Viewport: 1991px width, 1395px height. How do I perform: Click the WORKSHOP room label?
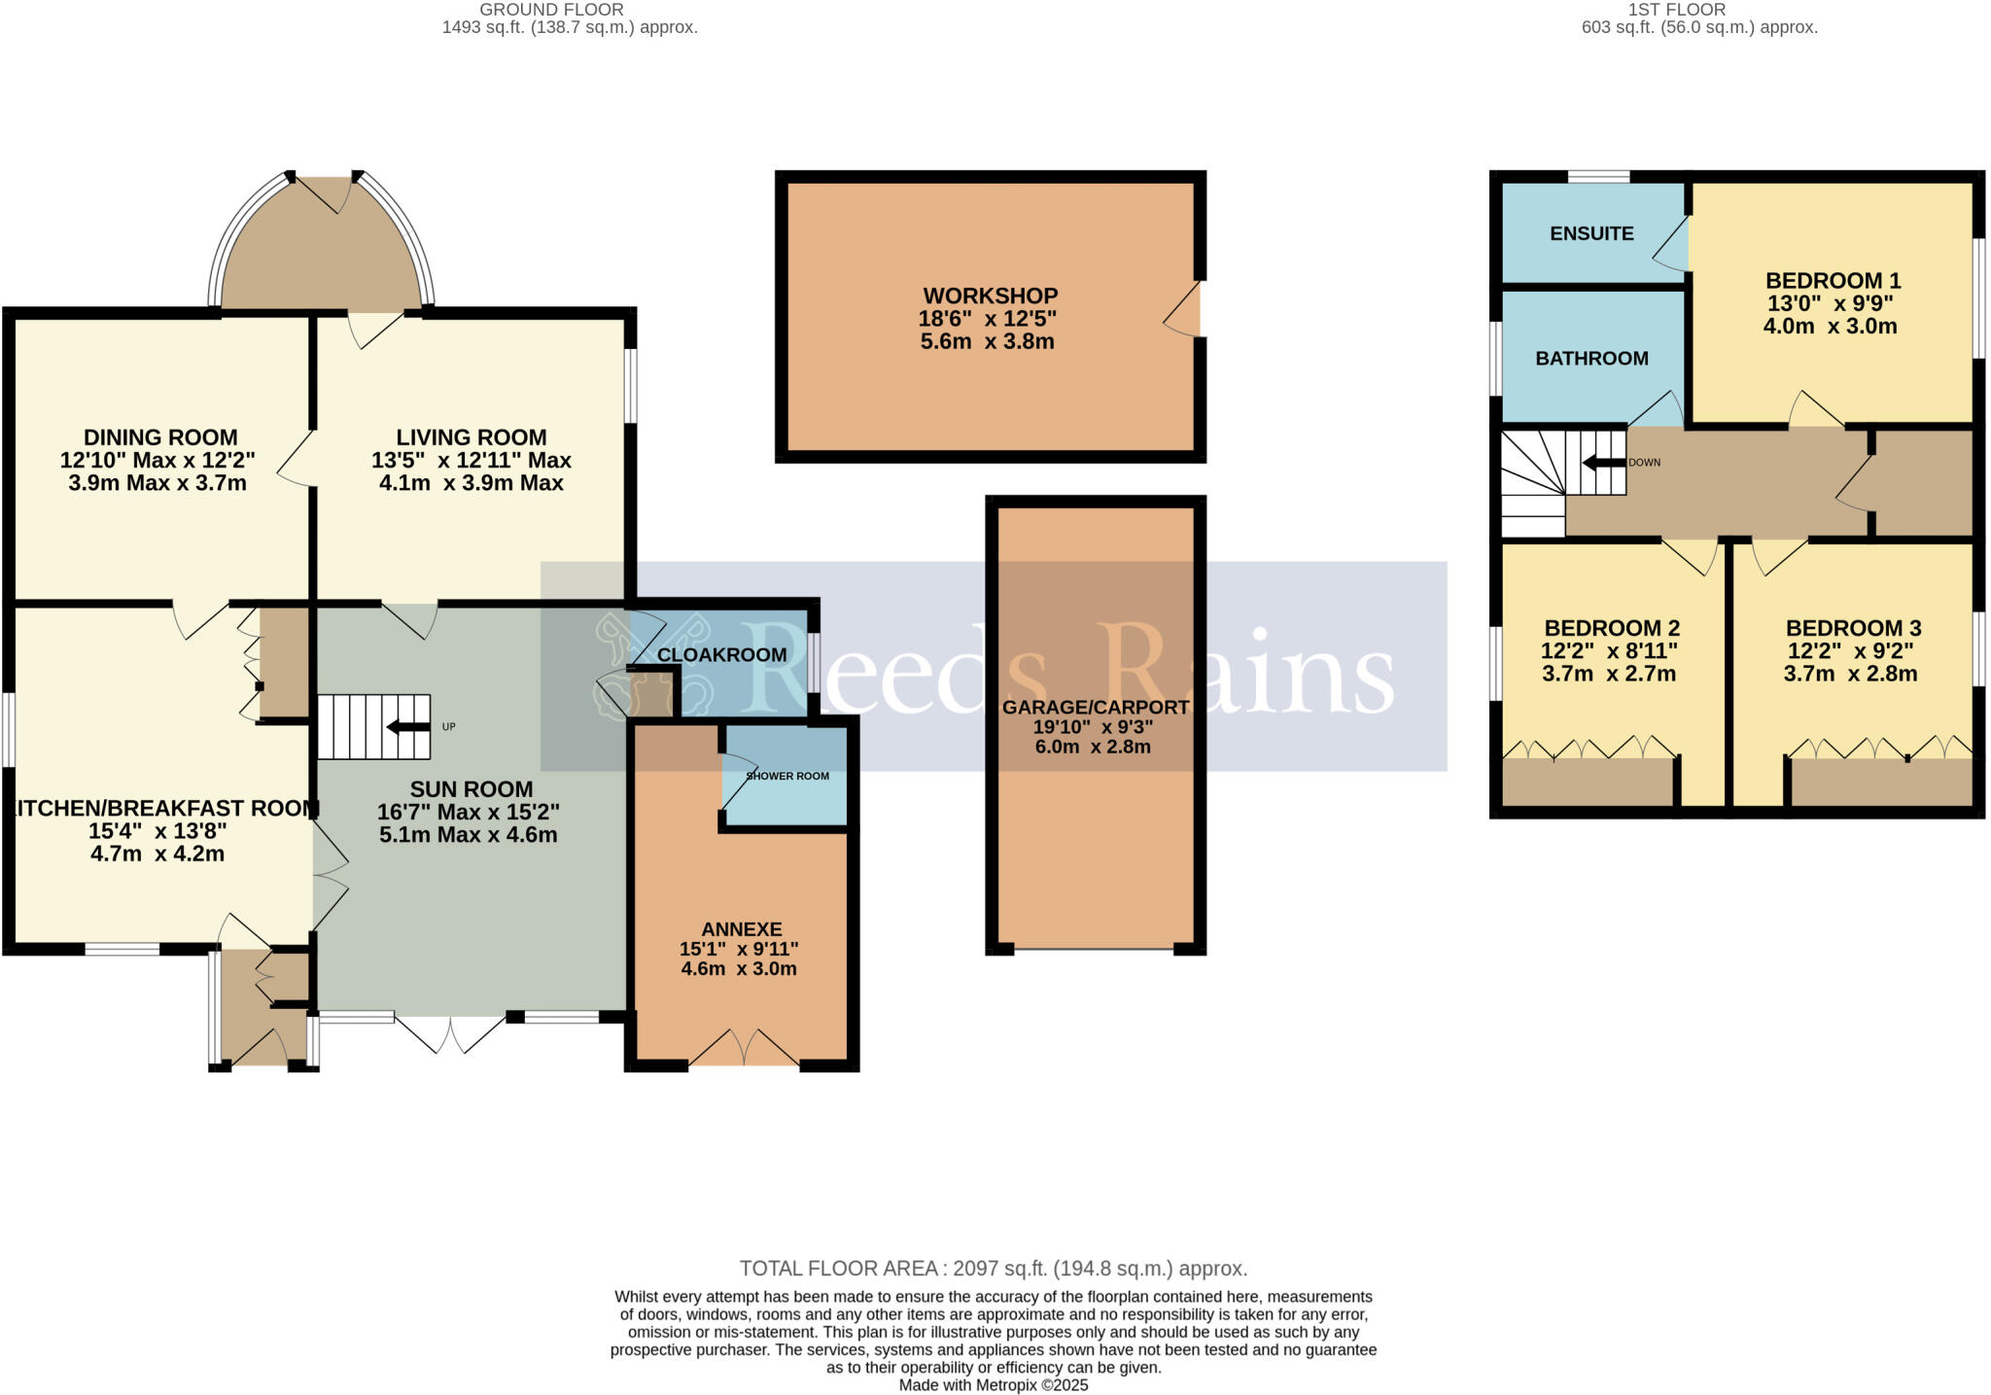[990, 296]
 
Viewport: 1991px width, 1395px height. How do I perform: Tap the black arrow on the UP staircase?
[407, 727]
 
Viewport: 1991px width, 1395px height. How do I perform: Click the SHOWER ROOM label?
[787, 776]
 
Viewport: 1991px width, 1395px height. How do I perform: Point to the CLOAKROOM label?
[721, 655]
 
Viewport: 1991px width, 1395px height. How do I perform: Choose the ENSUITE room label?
[1591, 233]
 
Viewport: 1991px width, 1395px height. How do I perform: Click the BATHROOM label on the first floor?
[1591, 359]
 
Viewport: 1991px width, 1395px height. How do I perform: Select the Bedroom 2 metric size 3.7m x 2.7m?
[1609, 674]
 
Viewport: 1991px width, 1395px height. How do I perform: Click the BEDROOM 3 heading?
[1852, 628]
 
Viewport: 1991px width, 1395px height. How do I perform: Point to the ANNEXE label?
[742, 929]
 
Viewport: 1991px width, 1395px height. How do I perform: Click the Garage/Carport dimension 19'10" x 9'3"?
[1095, 727]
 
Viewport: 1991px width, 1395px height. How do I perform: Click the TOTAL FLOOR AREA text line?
[993, 1269]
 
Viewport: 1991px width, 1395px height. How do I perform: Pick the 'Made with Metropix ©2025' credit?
[993, 1385]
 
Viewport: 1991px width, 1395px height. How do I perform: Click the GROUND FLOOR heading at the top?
[551, 10]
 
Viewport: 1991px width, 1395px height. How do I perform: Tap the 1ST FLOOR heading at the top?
[1691, 10]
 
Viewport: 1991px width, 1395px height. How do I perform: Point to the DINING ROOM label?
[160, 437]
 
